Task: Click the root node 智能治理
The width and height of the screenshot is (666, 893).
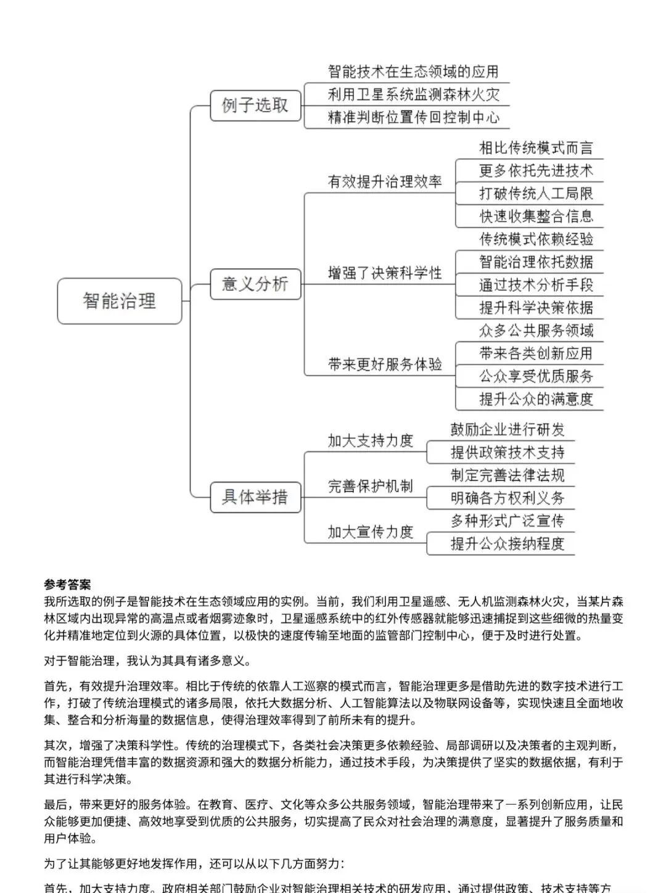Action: pos(120,301)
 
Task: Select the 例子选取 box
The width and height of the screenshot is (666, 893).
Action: pos(255,105)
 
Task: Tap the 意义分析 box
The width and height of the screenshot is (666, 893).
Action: pos(255,284)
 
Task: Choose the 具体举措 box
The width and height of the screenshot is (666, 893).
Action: pos(255,497)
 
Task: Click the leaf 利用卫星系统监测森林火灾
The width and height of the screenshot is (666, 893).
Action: pos(413,95)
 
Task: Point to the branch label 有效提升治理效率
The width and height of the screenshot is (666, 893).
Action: pos(385,182)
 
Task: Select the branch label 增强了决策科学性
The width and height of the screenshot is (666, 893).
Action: pos(385,273)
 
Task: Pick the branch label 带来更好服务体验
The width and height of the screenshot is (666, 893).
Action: pos(385,364)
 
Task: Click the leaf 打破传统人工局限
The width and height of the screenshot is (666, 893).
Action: pos(536,194)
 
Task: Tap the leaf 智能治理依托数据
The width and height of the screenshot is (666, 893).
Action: pos(536,262)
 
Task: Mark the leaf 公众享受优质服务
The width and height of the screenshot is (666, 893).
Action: pos(536,376)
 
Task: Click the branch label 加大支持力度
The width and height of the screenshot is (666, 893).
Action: pos(370,441)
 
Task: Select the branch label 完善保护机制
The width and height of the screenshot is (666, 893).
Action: pos(370,487)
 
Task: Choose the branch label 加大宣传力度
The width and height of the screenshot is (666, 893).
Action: pos(370,532)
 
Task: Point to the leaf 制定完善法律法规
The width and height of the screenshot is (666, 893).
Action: pos(507,475)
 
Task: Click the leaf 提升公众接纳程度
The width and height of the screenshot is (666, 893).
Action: pos(507,544)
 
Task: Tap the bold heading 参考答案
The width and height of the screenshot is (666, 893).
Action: pos(67,585)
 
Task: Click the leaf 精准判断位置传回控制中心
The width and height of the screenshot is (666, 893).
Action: pos(413,118)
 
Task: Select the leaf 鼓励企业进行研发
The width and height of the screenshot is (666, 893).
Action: pos(507,430)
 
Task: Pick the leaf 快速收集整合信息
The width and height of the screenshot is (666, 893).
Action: pos(536,216)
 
